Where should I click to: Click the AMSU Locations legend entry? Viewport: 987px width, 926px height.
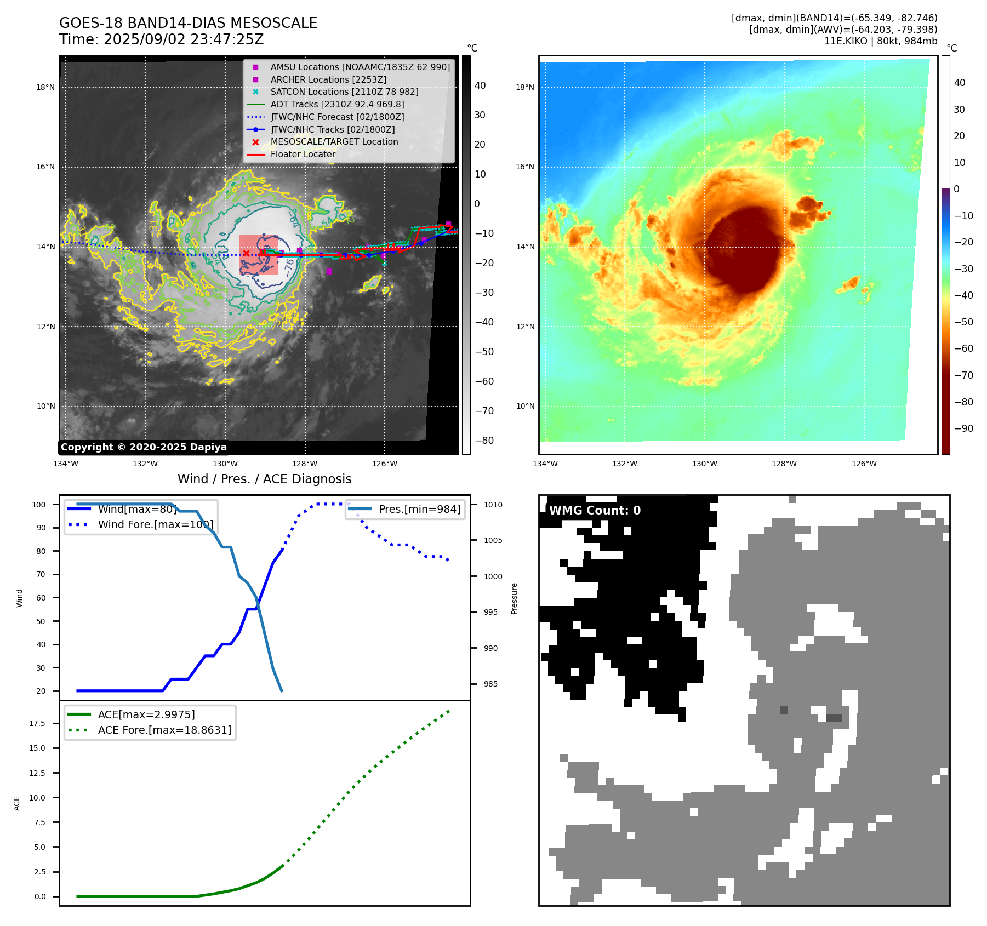360,67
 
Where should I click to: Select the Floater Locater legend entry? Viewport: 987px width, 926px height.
303,154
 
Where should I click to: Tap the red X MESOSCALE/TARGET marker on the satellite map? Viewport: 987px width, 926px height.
247,253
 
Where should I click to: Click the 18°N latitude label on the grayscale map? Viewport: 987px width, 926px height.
45,87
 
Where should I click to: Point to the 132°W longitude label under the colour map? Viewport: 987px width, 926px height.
624,464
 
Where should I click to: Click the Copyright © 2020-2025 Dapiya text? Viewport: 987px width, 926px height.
144,447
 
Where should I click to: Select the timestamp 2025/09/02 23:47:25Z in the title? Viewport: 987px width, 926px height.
184,39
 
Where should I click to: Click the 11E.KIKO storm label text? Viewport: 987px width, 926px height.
846,41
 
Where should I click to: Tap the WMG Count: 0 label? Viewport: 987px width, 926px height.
595,510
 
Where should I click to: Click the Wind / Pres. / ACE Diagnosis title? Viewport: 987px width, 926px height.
264,479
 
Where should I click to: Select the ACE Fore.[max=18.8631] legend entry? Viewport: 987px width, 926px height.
164,730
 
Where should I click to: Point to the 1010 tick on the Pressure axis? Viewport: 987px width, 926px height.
493,505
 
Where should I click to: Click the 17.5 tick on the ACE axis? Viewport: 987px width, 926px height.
37,723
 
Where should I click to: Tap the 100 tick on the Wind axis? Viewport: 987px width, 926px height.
38,505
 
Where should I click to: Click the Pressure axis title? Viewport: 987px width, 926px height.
514,598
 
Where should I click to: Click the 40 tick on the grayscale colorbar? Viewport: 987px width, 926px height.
480,85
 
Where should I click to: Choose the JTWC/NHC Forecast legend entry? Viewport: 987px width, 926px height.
337,117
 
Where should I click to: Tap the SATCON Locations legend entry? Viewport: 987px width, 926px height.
344,92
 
